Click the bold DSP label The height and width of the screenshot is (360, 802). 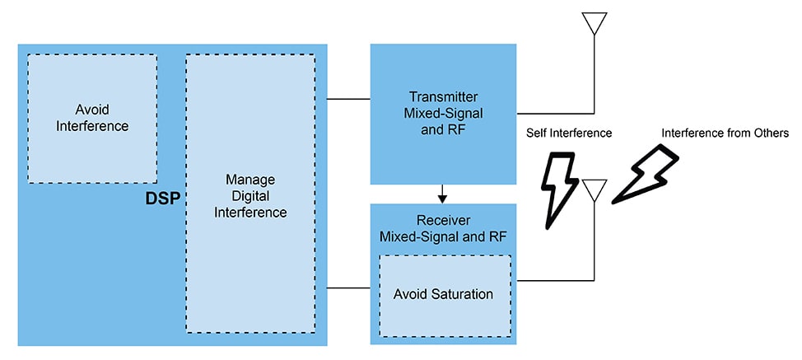point(163,198)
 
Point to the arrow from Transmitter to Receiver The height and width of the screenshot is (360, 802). point(442,194)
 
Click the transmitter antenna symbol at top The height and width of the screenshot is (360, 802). point(594,24)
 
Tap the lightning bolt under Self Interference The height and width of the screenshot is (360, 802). point(559,189)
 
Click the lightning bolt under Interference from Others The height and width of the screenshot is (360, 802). point(646,174)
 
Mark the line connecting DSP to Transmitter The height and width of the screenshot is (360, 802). point(348,100)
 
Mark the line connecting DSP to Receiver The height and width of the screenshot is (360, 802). point(348,288)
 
